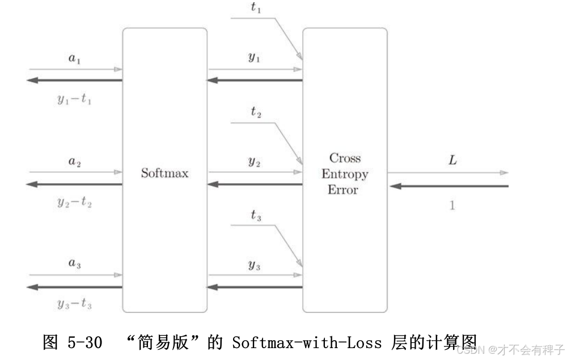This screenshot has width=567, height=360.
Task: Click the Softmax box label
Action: [164, 173]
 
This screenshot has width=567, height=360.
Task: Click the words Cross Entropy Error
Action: [344, 173]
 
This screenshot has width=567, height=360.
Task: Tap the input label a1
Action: [74, 58]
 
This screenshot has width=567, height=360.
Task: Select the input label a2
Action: [74, 162]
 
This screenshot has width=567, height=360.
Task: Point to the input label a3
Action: [74, 264]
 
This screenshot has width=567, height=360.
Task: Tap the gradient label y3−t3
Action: [74, 304]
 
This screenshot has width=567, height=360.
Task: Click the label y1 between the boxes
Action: [254, 58]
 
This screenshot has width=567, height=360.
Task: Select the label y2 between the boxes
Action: [254, 161]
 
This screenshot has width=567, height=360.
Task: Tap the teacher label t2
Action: [256, 112]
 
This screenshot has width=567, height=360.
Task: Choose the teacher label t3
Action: [256, 215]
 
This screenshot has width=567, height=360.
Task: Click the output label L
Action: [452, 160]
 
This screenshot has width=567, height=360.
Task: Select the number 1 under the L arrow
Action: [452, 206]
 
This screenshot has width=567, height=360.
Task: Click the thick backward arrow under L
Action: [448, 186]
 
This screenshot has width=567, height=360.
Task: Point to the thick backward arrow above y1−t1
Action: [74, 80]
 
